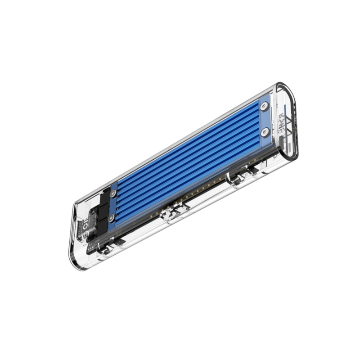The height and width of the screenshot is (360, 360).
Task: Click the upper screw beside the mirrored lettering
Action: click(x=265, y=107)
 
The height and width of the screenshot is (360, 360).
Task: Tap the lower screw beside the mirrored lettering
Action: click(x=265, y=131)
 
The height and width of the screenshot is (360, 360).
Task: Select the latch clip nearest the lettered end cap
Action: click(x=243, y=173)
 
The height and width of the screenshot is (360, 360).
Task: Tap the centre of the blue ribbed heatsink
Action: click(x=189, y=157)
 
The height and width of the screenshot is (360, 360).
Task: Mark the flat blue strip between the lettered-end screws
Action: click(x=265, y=119)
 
